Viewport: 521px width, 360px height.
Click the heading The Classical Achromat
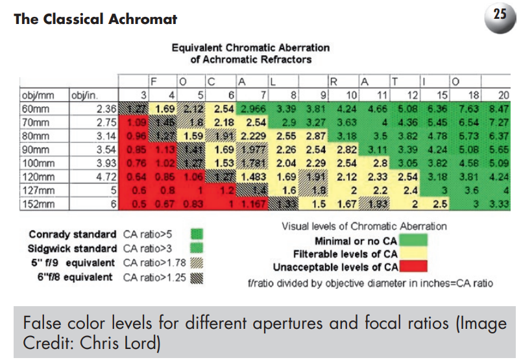(95, 19)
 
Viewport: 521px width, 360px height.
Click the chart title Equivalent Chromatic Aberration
(250, 47)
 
